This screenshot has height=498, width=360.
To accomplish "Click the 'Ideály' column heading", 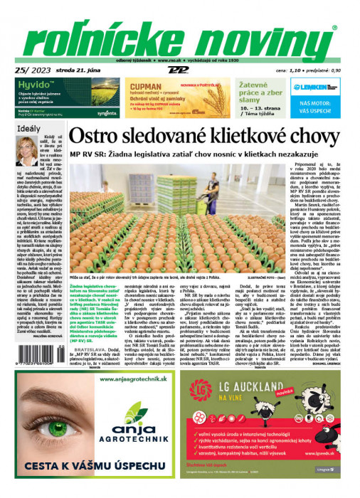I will click(29, 129).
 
